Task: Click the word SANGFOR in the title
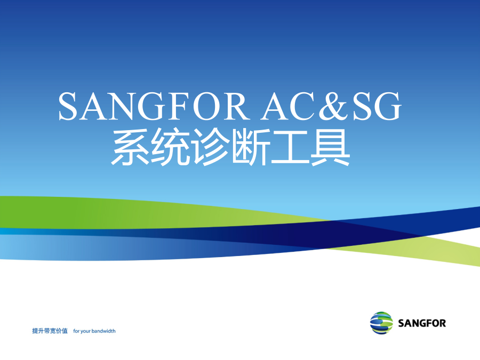(154, 106)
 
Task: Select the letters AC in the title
(289, 106)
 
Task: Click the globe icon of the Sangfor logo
(381, 323)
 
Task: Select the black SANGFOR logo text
(422, 323)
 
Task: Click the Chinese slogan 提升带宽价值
(50, 331)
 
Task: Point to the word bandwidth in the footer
(103, 331)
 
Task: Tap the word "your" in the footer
(85, 332)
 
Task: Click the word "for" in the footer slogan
(76, 331)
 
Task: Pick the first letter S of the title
(67, 106)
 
